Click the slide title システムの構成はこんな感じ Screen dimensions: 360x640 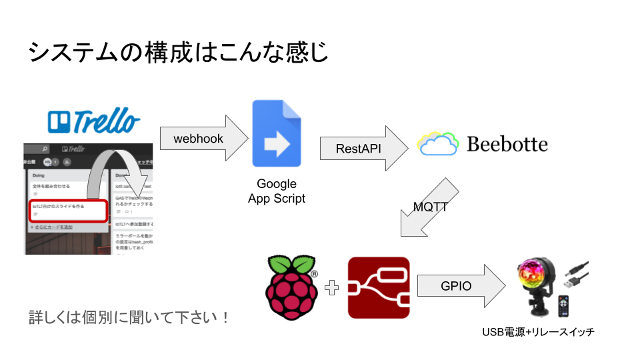point(179,52)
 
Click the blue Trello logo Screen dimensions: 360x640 point(94,121)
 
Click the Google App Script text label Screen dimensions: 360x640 point(276,191)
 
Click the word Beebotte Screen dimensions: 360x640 point(507,143)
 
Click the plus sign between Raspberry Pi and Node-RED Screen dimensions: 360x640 point(332,288)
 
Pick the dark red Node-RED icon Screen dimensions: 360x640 point(379,287)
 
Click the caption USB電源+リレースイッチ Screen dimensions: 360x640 point(538,331)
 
